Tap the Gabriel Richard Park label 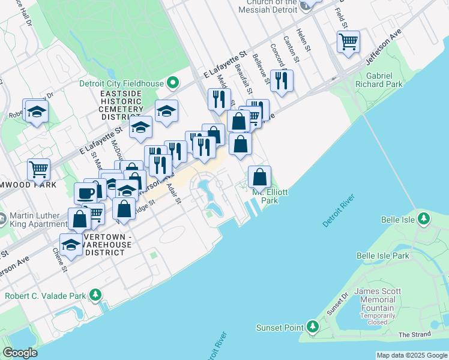[x=384, y=80]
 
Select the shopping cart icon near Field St [x=348, y=42]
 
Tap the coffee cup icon [x=85, y=193]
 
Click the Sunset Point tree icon [x=312, y=327]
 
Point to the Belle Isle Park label [x=382, y=256]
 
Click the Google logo [x=20, y=353]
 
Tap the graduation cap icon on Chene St [x=71, y=245]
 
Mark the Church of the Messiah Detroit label [x=268, y=7]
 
